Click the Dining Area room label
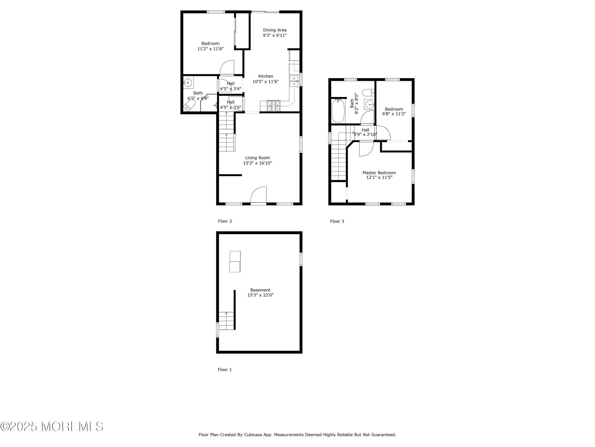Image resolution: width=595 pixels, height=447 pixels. pos(275,30)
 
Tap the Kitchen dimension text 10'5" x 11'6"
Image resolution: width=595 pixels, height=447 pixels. pos(266,82)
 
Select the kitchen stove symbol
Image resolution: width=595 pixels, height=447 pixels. pos(274,105)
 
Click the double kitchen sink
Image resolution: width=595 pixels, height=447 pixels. pos(294,81)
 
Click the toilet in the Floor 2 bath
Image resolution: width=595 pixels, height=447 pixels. pos(190,106)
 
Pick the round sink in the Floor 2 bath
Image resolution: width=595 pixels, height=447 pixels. pos(188,82)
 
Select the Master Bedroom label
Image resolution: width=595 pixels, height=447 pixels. pos(379,173)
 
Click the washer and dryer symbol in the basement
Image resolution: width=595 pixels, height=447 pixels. pos(235,261)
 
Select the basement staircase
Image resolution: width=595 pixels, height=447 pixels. pos(226,321)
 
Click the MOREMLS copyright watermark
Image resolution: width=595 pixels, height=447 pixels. pos(52,427)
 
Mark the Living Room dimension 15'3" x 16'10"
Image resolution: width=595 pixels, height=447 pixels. pos(257,163)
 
